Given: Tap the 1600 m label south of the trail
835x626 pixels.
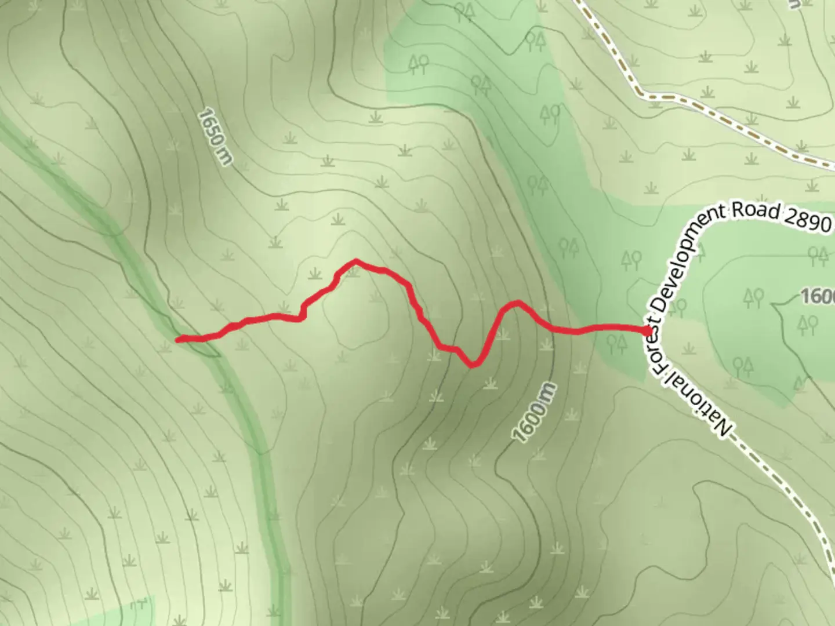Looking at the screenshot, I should coord(534,413).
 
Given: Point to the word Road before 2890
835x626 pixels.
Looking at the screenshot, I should coord(755,210).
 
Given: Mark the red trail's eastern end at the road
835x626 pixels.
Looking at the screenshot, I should coord(647,330).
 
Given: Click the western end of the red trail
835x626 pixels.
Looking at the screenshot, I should coord(179,340).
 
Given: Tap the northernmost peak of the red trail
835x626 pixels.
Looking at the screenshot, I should coord(355,261).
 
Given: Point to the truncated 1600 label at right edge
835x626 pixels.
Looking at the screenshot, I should coord(818,296).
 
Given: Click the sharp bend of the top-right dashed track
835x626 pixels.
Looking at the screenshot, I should coord(640,92).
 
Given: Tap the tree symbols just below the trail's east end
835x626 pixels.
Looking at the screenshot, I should coord(618,344).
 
